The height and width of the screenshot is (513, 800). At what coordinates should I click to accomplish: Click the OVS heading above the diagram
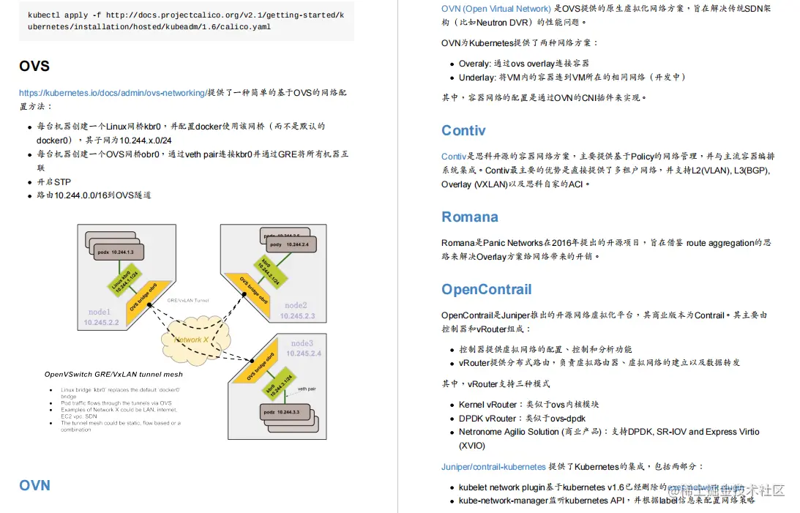coord(34,66)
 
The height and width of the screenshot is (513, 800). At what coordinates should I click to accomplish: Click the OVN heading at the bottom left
coord(34,485)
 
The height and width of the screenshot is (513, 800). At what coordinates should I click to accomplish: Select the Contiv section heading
coord(463,131)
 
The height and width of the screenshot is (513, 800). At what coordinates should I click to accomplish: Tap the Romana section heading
coord(470,217)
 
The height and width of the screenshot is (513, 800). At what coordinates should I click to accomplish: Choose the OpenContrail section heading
coord(487,289)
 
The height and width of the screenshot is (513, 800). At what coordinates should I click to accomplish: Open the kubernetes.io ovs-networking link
coord(113,93)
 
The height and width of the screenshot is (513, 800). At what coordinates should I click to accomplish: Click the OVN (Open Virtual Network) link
coord(496,9)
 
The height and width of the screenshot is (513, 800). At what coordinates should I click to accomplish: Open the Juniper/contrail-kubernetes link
coord(493,466)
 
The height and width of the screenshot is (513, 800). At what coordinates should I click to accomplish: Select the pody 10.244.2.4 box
coord(288,244)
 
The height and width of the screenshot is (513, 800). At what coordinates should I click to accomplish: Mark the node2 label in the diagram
coord(296,305)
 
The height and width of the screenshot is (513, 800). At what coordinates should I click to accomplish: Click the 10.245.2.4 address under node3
coord(304,353)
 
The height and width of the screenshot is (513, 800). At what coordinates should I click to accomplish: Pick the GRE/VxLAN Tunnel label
coord(188,301)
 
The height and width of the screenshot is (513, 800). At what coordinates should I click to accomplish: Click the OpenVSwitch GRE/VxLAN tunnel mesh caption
coord(113,375)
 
